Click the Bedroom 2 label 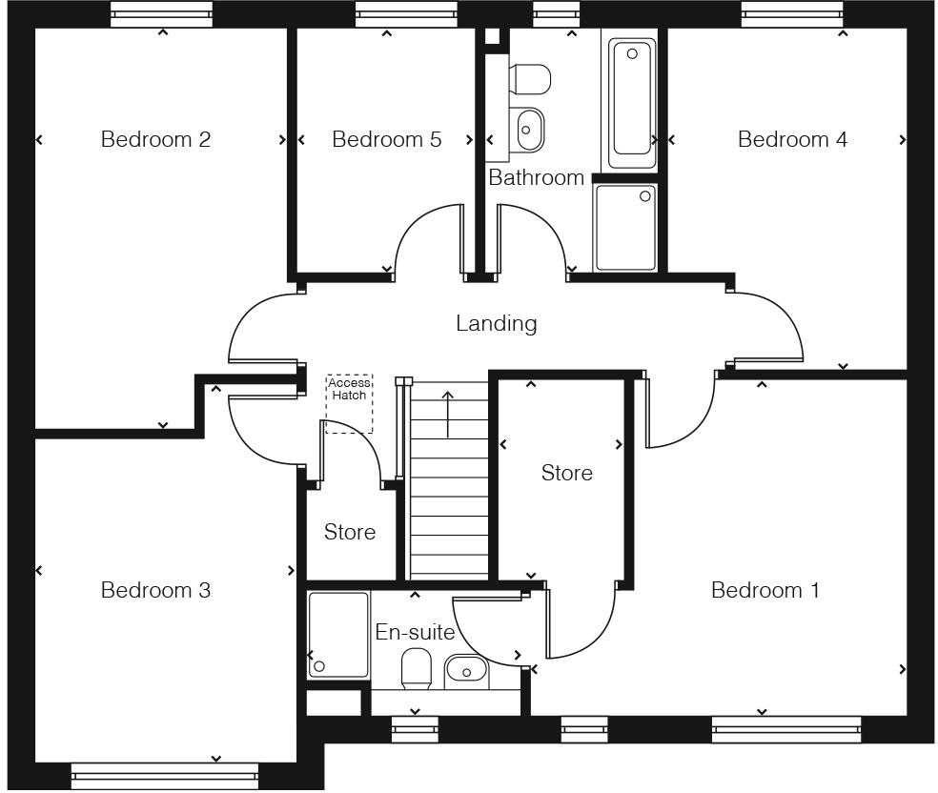pos(155,139)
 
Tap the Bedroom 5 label pos(386,139)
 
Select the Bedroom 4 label pos(792,139)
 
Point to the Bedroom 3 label pos(155,590)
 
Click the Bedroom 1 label pos(765,590)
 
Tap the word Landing pos(496,323)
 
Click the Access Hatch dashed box pos(349,404)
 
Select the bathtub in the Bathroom pos(632,97)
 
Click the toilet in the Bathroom pos(530,80)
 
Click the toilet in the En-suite pos(417,668)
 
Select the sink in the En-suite pos(466,672)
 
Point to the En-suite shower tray pos(338,635)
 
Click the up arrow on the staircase pos(448,412)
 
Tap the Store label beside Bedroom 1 pos(566,473)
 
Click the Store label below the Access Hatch pos(349,532)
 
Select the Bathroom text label pos(536,177)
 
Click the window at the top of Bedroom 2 pos(161,13)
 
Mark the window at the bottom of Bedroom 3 pos(165,776)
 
